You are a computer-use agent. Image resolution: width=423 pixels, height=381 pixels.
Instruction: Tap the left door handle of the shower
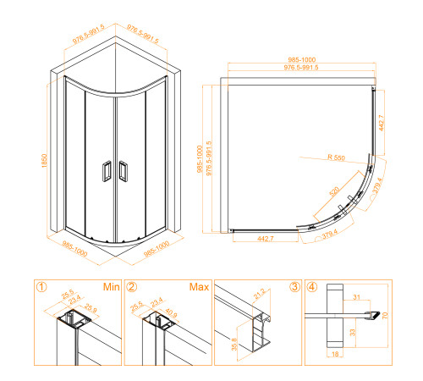pos(106,170)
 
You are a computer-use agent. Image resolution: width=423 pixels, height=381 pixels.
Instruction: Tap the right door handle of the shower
pos(123,170)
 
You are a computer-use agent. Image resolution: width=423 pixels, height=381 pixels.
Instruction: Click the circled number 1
pos(41,286)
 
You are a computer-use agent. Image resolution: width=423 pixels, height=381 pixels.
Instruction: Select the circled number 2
pos(131,286)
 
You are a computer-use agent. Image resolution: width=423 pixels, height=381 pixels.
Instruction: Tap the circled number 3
pos(294,286)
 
